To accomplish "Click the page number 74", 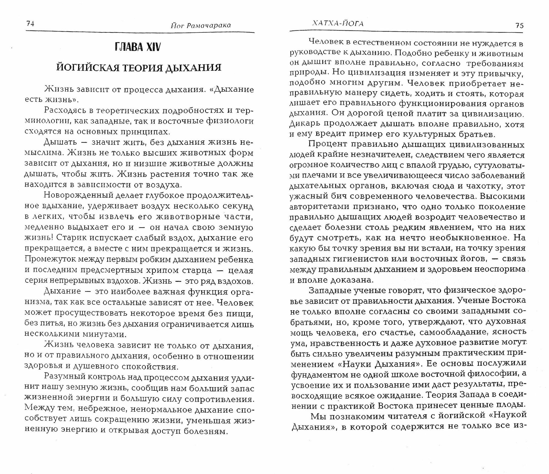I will [x=30, y=24].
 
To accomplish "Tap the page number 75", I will [x=519, y=26].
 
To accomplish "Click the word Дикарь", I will [x=305, y=124].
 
